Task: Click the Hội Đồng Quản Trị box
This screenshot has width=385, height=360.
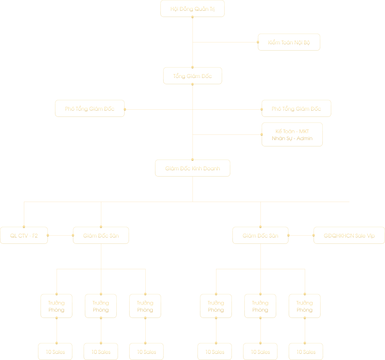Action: point(192,9)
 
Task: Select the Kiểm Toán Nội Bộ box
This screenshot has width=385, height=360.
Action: point(289,42)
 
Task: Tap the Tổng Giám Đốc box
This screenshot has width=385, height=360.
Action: point(192,76)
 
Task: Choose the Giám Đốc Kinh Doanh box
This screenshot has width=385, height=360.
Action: point(192,168)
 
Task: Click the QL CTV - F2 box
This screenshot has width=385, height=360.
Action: point(24,236)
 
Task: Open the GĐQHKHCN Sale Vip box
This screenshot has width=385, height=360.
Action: point(349,236)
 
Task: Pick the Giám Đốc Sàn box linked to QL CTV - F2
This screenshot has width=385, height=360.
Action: point(101,236)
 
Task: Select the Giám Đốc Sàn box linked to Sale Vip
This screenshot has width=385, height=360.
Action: point(260,236)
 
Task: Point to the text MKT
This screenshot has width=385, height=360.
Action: point(304,131)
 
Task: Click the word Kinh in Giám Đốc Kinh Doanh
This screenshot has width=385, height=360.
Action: point(197,168)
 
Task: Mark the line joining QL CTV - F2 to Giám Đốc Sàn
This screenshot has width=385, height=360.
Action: point(60,235)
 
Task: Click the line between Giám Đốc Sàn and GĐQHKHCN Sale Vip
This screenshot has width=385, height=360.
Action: point(301,235)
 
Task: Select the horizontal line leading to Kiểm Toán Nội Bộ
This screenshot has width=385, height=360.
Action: point(225,42)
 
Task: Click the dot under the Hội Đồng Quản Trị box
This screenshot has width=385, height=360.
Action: point(192,17)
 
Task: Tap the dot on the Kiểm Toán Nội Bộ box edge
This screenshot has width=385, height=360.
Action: point(258,42)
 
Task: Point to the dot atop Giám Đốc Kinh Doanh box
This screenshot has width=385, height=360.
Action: point(192,160)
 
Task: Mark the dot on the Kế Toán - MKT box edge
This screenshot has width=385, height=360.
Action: point(262,134)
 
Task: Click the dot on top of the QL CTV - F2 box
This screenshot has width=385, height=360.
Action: point(24,227)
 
